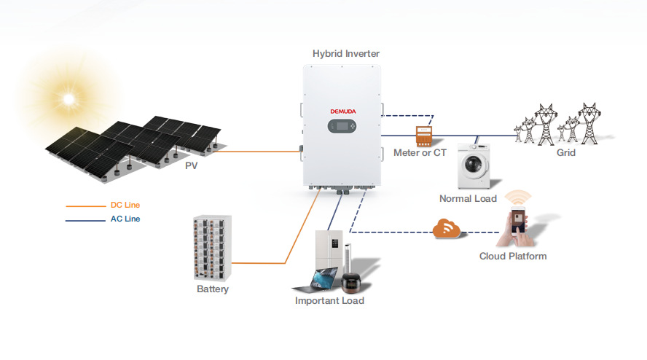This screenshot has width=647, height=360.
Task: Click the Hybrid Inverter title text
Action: coord(346,53)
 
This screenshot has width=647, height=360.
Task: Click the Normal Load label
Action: coord(468,199)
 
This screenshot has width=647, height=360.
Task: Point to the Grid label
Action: coord(566,153)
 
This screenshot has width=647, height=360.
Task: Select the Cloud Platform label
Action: coord(513,256)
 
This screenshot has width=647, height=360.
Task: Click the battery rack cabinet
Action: coord(212,248)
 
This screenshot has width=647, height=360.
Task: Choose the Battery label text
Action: coord(213,289)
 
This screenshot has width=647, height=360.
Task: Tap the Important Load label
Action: coord(329,301)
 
